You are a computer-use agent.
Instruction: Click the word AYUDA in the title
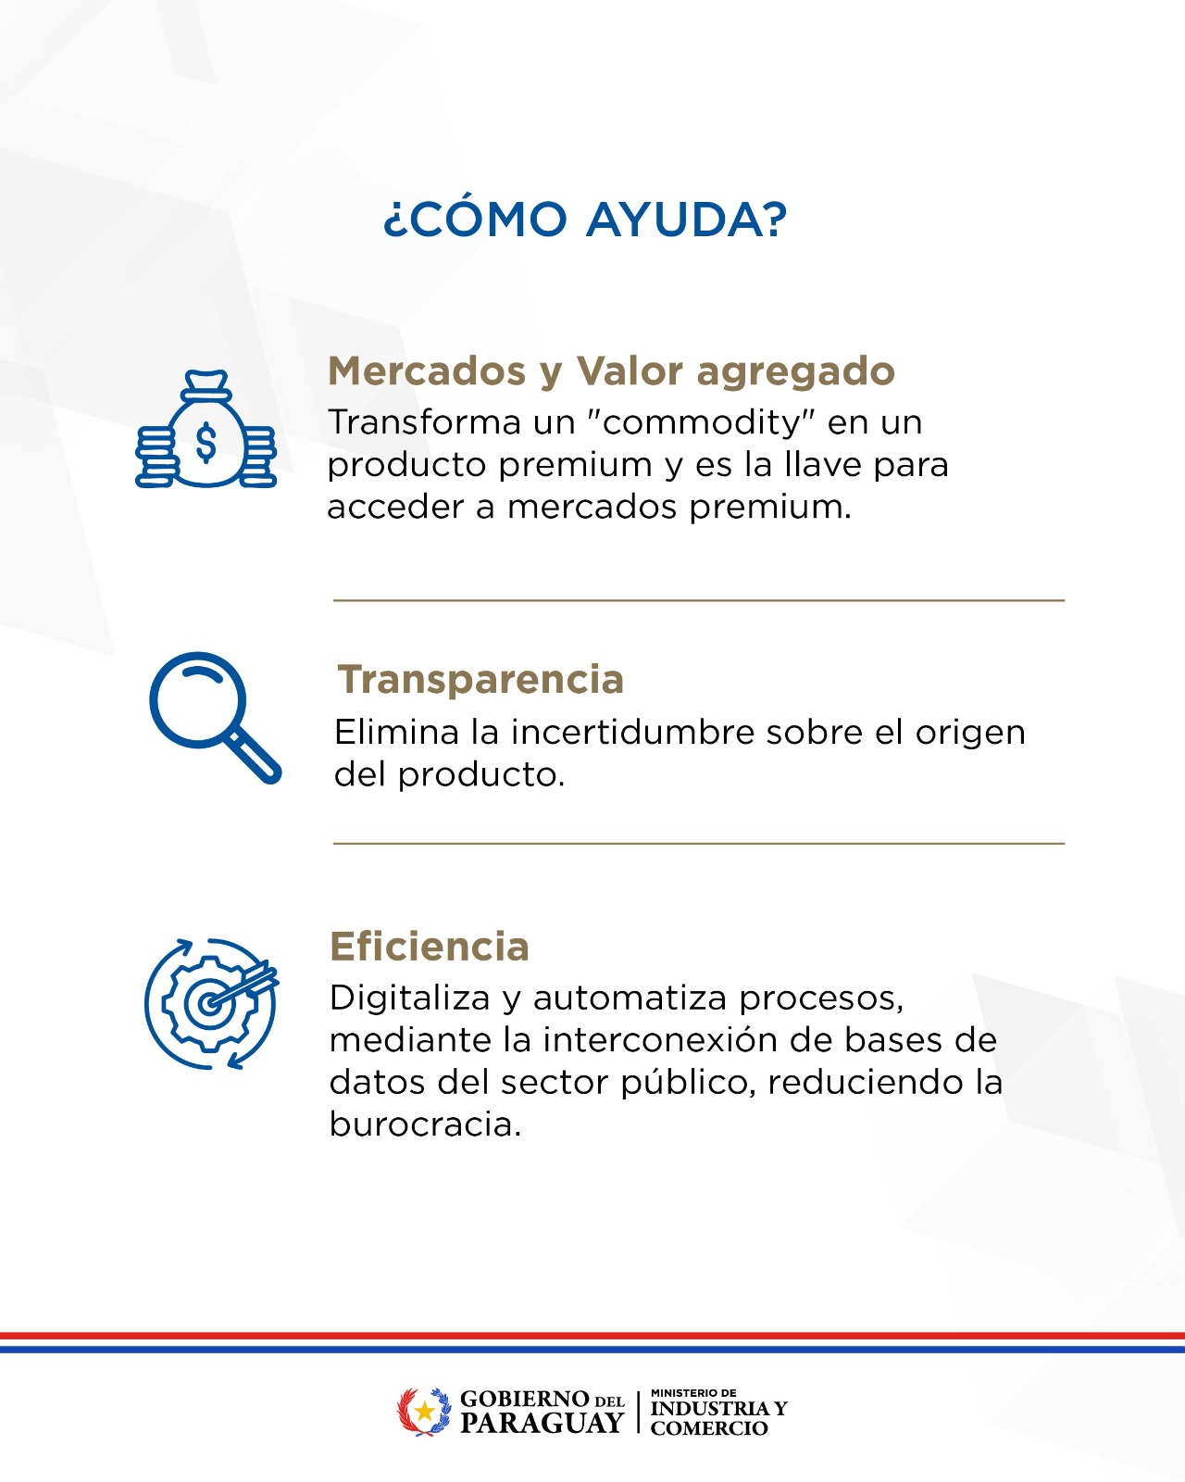(686, 219)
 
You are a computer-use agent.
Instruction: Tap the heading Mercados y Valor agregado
(611, 371)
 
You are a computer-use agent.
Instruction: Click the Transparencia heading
(480, 679)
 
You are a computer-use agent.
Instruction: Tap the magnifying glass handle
(255, 757)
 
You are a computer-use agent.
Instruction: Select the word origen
(970, 735)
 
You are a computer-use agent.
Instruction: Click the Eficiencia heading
(430, 947)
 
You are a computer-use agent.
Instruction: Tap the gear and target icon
(211, 1003)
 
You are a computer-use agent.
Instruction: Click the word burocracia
(425, 1124)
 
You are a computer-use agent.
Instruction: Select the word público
(684, 1085)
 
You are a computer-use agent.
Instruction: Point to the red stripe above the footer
(592, 1336)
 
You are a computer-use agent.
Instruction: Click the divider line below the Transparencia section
(699, 843)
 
